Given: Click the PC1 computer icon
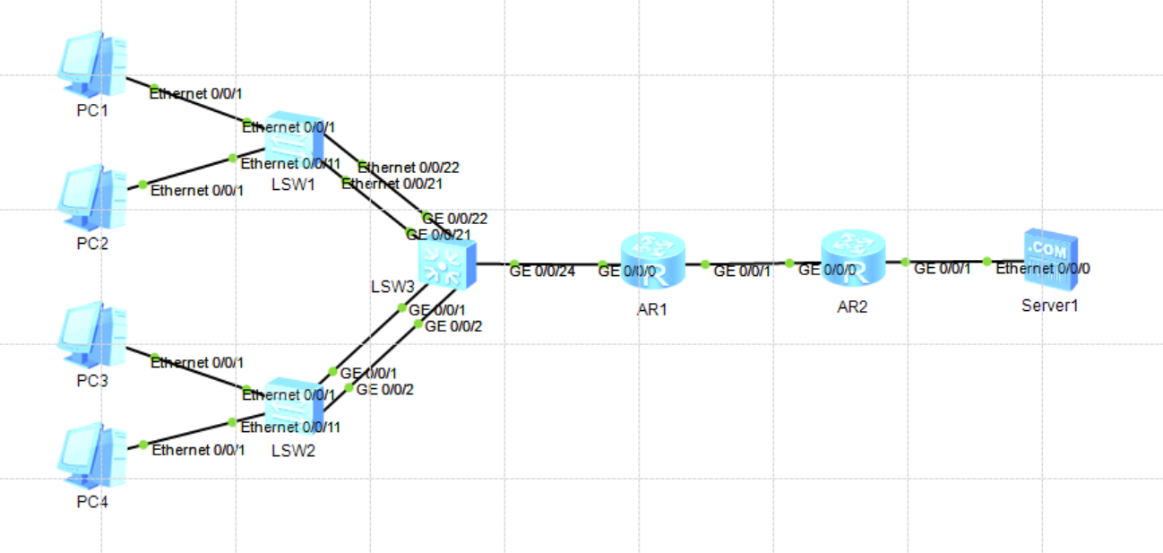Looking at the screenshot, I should point(92,65).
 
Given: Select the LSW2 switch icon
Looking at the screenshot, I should point(293,407).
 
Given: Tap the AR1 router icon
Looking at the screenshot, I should point(651,262).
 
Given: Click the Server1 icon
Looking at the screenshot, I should point(1051,256).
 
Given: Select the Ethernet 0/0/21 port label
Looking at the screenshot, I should point(392,184).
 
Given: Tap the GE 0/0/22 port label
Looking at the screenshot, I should point(455,219).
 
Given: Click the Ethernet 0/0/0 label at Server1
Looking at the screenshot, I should point(1043,268).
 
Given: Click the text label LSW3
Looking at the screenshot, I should point(392,288).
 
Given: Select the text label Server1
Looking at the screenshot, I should point(1049,306).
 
